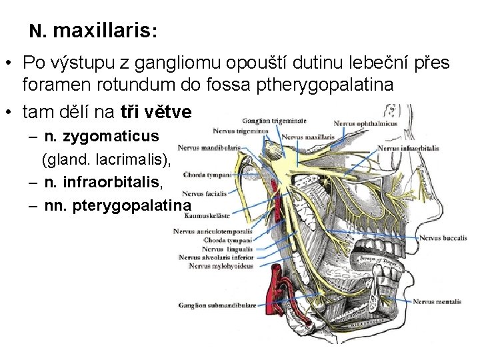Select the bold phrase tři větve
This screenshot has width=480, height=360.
pyautogui.click(x=158, y=109)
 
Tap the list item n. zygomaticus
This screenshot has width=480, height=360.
pyautogui.click(x=101, y=137)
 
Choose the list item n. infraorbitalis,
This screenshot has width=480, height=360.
pyautogui.click(x=110, y=181)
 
